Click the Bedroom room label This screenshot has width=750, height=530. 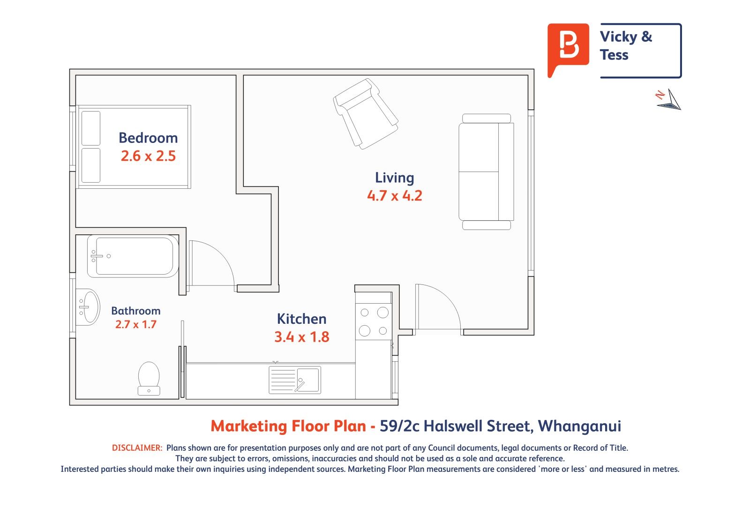[x=148, y=138]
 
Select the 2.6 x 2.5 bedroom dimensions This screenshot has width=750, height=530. [x=148, y=156]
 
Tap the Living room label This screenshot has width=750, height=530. [x=394, y=178]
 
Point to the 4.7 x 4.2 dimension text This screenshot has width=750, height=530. [x=394, y=195]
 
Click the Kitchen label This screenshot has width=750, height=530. [x=301, y=319]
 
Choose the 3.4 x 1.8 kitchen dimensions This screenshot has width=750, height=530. [x=302, y=337]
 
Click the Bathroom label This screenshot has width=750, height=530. [x=135, y=311]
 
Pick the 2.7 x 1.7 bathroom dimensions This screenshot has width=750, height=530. [x=135, y=324]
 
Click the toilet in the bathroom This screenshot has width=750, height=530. [x=149, y=378]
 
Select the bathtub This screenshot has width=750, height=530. [x=133, y=256]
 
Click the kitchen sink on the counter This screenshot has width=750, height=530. [x=295, y=380]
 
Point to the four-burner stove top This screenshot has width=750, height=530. [x=373, y=322]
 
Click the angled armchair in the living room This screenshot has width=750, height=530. [x=366, y=114]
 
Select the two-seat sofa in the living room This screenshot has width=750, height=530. [x=486, y=172]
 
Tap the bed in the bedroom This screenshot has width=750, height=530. [x=134, y=147]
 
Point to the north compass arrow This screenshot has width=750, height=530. [x=669, y=100]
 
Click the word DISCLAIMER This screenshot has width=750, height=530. [x=137, y=448]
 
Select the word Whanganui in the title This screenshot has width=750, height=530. [x=579, y=426]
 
